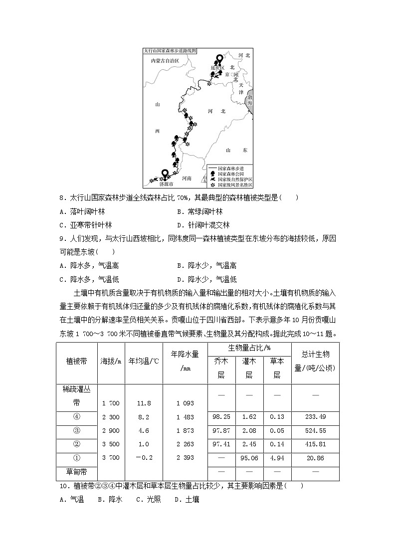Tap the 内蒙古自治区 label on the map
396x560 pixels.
165,60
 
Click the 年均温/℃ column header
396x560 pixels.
144,361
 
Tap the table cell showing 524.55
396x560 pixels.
315,431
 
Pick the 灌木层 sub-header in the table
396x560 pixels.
249,368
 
